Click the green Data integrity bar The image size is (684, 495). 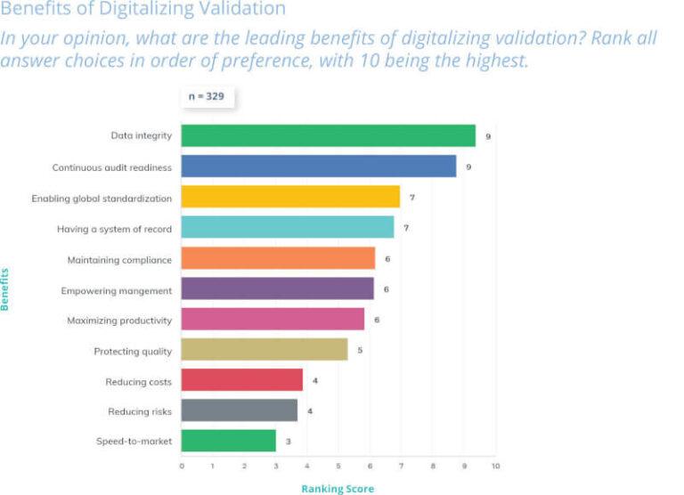pos(328,135)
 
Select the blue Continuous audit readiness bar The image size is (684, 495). pos(318,166)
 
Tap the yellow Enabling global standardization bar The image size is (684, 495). pos(290,197)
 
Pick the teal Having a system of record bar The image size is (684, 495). pos(287,228)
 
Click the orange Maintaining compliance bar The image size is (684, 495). pos(278,259)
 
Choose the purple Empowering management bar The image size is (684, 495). pos(277,289)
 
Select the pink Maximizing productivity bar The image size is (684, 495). pos(273,320)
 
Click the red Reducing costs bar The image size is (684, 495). pos(241,381)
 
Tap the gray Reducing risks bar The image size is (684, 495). pos(239,410)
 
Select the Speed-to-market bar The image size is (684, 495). pos(228,441)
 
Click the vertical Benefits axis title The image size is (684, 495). pos(5,288)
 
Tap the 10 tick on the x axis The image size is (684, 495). pos(494,465)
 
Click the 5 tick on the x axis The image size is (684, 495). pos(338,465)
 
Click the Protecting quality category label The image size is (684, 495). pos(133,351)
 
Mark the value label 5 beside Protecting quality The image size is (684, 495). pos(360,351)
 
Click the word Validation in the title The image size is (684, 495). pos(244,10)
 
